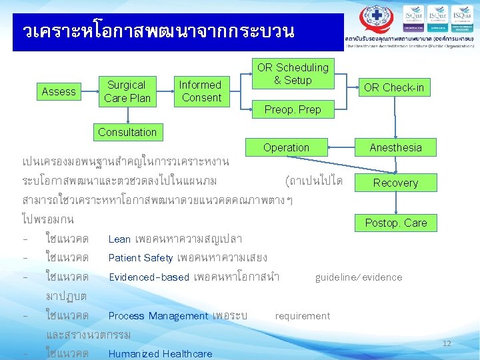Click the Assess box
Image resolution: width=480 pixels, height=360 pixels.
click(x=59, y=91)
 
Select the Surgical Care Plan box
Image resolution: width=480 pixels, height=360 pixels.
click(x=127, y=91)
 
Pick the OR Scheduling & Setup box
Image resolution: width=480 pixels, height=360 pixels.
click(x=293, y=74)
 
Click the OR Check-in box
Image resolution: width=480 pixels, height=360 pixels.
click(x=393, y=87)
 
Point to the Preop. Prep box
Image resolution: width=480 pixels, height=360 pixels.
click(x=293, y=109)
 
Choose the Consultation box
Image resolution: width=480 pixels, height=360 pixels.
click(x=127, y=132)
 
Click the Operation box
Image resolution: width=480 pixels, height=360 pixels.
click(x=286, y=147)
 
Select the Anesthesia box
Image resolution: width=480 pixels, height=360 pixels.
click(x=395, y=147)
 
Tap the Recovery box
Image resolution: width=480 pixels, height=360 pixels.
click(x=395, y=183)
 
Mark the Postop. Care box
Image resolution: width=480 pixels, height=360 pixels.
click(x=395, y=223)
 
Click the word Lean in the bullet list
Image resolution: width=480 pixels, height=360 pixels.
click(x=119, y=239)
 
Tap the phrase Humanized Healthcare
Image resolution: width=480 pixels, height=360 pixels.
click(x=160, y=353)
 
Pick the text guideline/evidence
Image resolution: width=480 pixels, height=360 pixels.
click(x=359, y=277)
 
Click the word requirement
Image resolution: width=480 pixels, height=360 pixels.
click(x=302, y=315)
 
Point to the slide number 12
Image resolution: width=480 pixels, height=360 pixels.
click(x=447, y=343)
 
